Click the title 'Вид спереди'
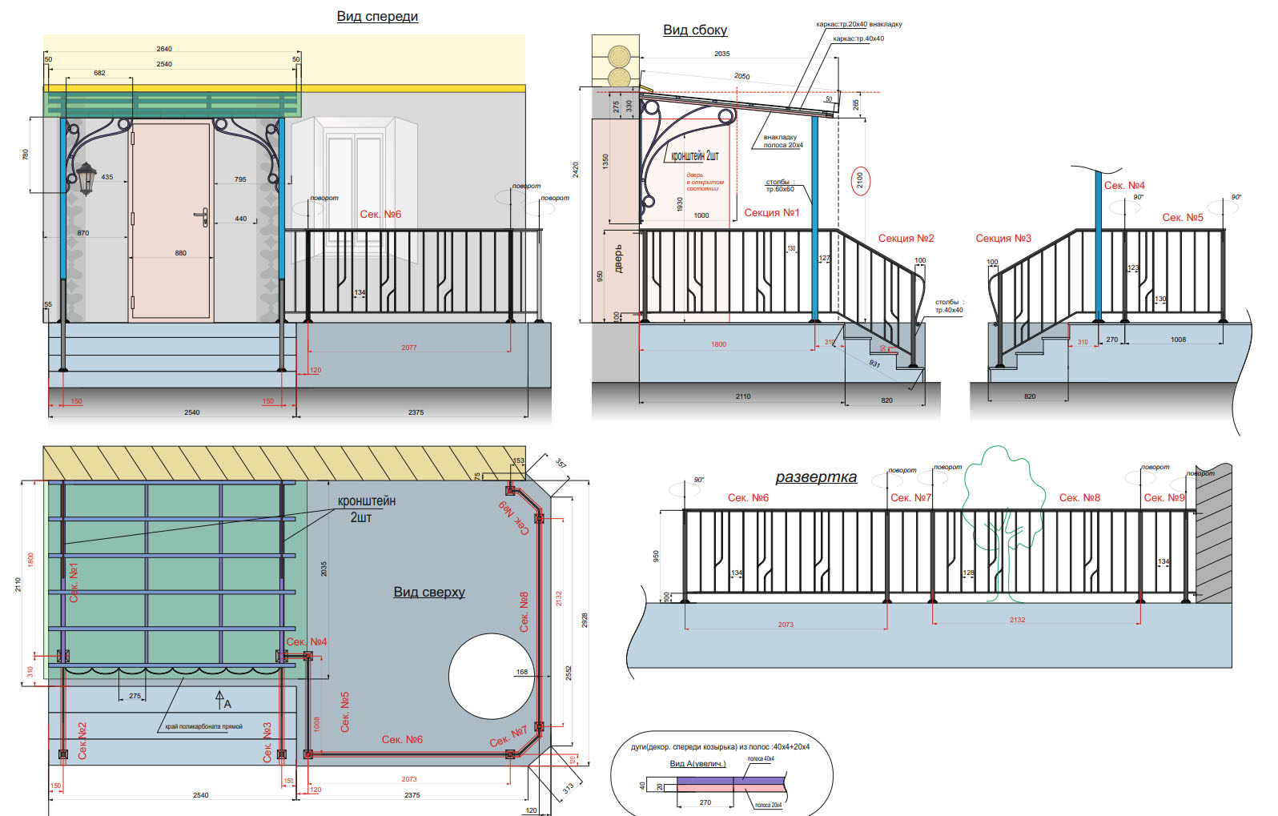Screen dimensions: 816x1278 (x=377, y=17)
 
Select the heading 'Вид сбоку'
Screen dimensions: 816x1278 (x=695, y=30)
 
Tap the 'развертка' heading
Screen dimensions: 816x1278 (x=815, y=477)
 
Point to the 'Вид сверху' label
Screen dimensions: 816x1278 (x=428, y=593)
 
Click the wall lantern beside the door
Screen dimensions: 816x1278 (x=86, y=178)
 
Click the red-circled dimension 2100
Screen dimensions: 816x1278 (x=859, y=180)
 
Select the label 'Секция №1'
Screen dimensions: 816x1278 (x=771, y=213)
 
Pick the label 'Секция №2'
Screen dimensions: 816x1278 (x=906, y=239)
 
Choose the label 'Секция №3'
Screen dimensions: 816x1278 (x=1003, y=239)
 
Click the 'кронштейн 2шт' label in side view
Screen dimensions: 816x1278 (x=694, y=156)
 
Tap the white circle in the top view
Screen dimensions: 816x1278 (x=490, y=677)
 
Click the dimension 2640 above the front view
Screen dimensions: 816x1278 (x=164, y=49)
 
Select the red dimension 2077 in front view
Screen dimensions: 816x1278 (x=408, y=348)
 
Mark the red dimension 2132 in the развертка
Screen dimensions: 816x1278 (x=1017, y=620)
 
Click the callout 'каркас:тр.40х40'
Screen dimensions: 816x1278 (x=858, y=38)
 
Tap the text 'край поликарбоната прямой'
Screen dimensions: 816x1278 (x=203, y=727)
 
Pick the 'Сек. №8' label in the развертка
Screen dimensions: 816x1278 (x=1079, y=498)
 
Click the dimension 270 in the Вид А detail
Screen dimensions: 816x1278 (x=705, y=802)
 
